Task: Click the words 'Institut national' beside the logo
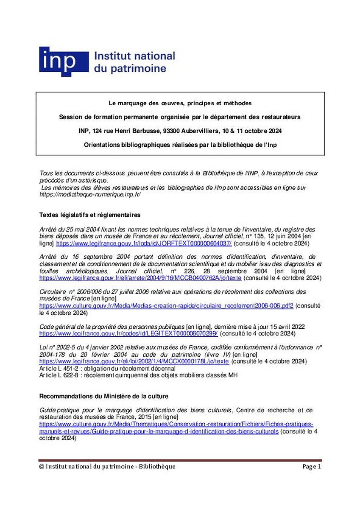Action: pos(134,56)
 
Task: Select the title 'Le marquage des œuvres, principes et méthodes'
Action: pos(180,103)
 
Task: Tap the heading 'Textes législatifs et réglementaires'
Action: pos(90,215)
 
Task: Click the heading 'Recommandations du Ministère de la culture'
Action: pos(104,396)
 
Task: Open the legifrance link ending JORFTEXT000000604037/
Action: pos(144,243)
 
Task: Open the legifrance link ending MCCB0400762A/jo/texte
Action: pos(140,278)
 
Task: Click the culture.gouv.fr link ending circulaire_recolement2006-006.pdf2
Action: pos(166,305)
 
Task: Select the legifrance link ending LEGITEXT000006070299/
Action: pos(128,334)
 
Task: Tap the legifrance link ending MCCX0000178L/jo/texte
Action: pos(134,361)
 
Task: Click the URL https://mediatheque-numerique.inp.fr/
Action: pos(90,194)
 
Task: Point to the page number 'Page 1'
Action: pos(312,467)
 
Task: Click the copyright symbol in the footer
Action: pos(42,467)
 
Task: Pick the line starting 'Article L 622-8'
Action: pos(138,375)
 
